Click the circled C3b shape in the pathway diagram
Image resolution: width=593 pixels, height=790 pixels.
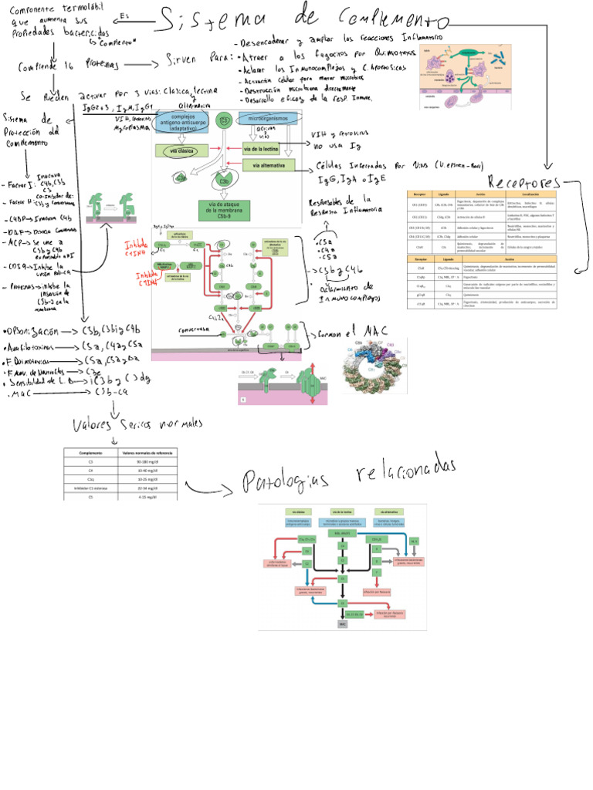(x=223, y=181)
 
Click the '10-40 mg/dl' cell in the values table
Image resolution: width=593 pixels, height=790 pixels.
(x=146, y=469)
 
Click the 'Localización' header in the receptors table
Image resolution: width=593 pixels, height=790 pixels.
(x=540, y=194)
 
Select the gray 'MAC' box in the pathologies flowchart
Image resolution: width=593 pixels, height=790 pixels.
(x=342, y=623)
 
